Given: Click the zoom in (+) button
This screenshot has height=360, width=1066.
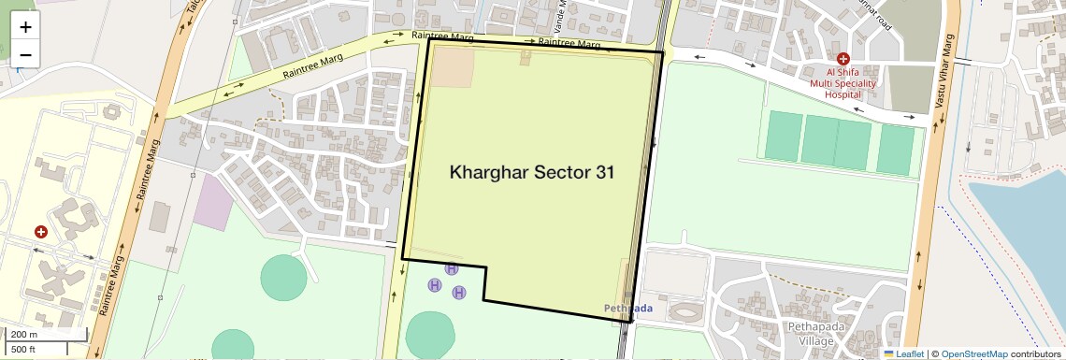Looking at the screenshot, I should [25, 27].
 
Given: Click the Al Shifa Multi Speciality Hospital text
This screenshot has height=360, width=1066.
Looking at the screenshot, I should [842, 82].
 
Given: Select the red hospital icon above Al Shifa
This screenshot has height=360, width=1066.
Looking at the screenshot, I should [843, 58].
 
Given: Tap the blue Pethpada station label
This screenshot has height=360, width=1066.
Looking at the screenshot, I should [627, 308].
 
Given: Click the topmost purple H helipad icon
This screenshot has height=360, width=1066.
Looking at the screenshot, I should [452, 268].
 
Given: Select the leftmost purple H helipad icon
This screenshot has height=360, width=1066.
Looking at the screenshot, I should [434, 284].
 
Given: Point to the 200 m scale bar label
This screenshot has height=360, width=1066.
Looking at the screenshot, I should [25, 334].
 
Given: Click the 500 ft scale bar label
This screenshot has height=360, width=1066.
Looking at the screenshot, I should [25, 350].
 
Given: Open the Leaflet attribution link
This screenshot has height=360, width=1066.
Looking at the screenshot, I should [903, 353].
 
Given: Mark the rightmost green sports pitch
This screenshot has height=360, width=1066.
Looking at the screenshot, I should [895, 150].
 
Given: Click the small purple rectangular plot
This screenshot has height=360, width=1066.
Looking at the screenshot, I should [214, 202].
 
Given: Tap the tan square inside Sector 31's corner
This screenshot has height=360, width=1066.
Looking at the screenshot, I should [452, 66].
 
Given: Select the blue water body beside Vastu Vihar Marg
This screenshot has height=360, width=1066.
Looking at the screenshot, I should [1024, 243].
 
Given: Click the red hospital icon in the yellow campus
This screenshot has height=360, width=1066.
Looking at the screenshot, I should [41, 231].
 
